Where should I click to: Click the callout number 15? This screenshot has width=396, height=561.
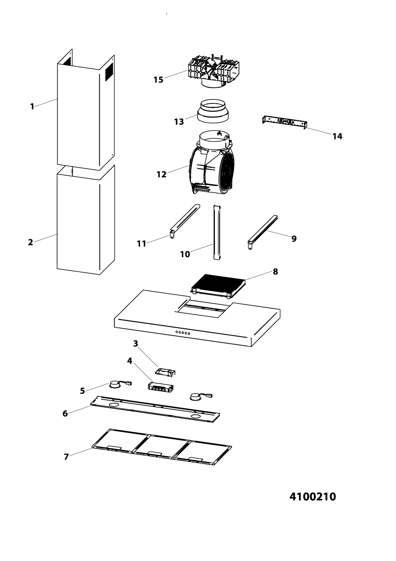click(x=158, y=80)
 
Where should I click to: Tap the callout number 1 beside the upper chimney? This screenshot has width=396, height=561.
click(x=32, y=107)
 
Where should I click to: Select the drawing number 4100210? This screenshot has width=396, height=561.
click(x=312, y=497)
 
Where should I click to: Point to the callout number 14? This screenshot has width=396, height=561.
click(x=337, y=136)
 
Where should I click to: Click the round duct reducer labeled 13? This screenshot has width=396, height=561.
click(x=213, y=111)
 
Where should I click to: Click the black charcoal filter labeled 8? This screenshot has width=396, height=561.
click(x=218, y=286)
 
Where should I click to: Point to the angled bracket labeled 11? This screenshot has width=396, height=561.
click(x=185, y=221)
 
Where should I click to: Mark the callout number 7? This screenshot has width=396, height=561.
click(x=66, y=457)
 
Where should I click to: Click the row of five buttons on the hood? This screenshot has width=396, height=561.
click(x=183, y=333)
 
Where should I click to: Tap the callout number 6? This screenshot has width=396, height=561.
click(x=65, y=414)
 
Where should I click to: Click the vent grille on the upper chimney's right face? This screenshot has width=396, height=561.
click(x=109, y=71)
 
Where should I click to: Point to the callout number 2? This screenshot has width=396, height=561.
click(x=30, y=242)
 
